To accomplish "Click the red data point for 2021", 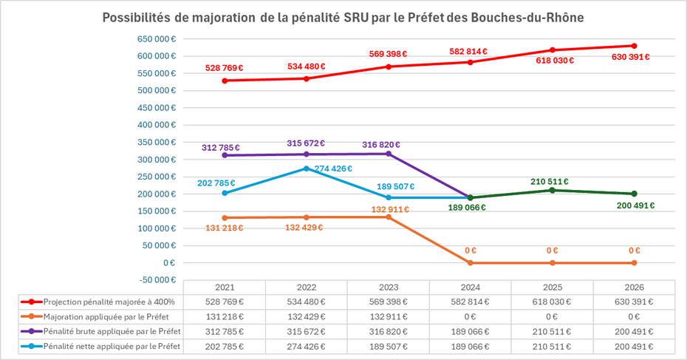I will point(224,81).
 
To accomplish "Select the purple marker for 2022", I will point(306,154).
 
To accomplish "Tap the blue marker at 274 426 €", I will point(306,169).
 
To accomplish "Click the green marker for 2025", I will point(553,190).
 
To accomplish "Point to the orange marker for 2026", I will point(634,262).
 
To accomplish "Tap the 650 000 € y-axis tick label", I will point(155,38).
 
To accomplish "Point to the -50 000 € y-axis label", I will point(155,279).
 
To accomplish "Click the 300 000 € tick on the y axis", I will point(155,159).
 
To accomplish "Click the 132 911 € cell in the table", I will point(388,316).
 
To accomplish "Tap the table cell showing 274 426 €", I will point(306,344).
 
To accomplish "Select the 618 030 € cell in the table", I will point(552,302).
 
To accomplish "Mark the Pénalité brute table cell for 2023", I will point(388,330).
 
